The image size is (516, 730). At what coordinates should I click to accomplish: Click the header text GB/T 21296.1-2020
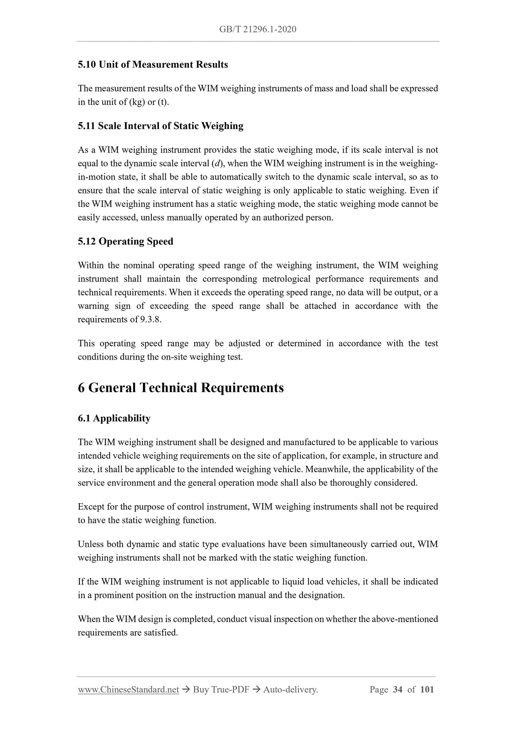click(258, 29)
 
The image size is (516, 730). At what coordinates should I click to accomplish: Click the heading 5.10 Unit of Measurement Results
click(153, 65)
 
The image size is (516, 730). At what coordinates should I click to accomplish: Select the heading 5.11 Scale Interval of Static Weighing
click(161, 126)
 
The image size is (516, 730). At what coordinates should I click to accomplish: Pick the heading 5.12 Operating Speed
click(125, 241)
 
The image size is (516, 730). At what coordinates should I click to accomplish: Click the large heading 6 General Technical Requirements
click(181, 388)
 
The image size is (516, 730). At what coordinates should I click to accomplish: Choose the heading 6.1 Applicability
click(114, 418)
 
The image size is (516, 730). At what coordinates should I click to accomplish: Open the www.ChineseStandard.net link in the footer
click(128, 690)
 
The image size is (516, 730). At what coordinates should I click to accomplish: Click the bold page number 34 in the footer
click(397, 690)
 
